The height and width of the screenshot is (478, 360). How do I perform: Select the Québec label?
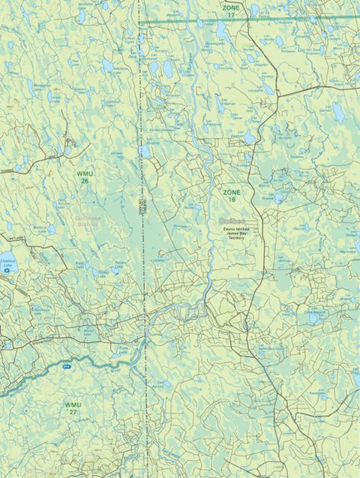point(232,220)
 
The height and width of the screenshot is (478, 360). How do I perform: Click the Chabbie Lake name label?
point(8,263)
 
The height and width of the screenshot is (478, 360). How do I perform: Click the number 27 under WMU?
point(73,413)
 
